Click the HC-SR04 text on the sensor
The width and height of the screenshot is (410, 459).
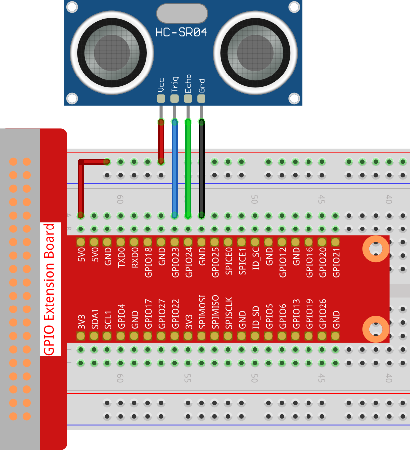click(181, 33)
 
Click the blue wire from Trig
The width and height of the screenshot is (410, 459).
click(174, 169)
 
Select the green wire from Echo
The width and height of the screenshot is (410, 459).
click(188, 169)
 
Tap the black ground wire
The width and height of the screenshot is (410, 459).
click(201, 169)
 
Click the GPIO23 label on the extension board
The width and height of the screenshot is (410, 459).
click(175, 263)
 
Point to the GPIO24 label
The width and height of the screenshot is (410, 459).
click(188, 263)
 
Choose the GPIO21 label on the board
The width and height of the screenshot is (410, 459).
click(336, 263)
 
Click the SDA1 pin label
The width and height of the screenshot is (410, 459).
click(95, 319)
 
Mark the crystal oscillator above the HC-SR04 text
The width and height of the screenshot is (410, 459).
click(181, 13)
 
